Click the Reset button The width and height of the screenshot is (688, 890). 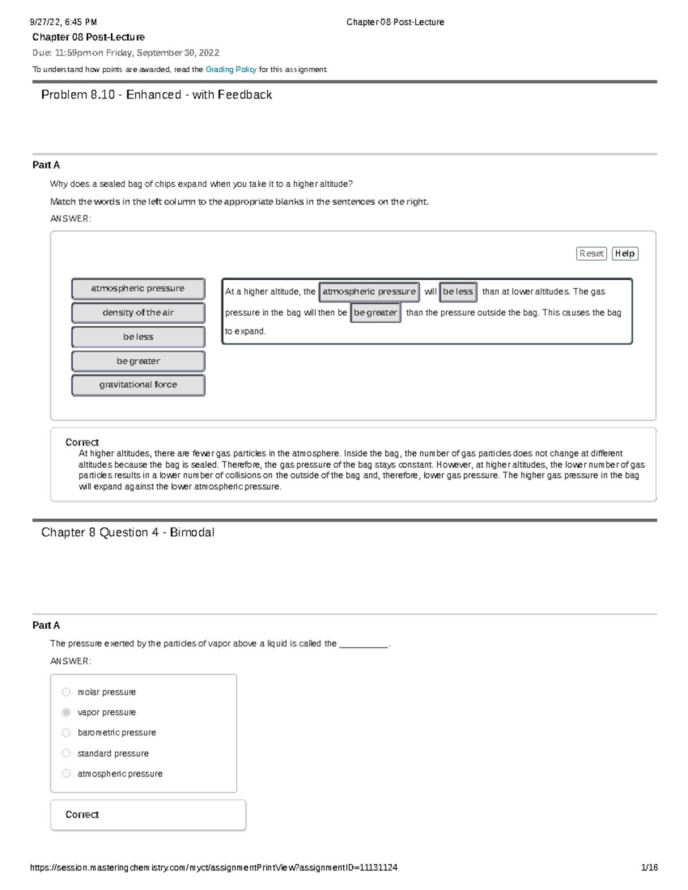(591, 253)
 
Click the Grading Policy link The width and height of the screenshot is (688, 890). (230, 69)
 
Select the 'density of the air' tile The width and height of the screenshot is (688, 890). (138, 313)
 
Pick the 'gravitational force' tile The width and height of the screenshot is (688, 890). (138, 385)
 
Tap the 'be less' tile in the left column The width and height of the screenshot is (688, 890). (138, 337)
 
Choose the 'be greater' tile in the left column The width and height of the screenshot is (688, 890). (138, 361)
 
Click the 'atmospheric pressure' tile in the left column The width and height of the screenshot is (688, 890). (138, 289)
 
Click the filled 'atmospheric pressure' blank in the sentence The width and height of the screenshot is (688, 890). (369, 292)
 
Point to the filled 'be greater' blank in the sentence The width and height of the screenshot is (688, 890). (376, 313)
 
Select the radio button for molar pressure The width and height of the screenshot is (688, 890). (67, 692)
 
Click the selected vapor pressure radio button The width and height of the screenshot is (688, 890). (67, 712)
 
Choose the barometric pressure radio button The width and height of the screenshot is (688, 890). (67, 732)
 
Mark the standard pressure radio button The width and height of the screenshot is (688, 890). (67, 753)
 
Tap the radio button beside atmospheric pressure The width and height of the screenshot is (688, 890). (67, 774)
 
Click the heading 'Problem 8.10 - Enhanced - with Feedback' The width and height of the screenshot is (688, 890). (157, 95)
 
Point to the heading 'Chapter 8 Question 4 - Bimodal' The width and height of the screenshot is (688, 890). (128, 532)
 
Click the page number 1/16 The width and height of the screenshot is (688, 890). (649, 868)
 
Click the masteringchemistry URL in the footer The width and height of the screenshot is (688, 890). (214, 868)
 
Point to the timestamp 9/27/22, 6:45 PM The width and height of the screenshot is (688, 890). (64, 22)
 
